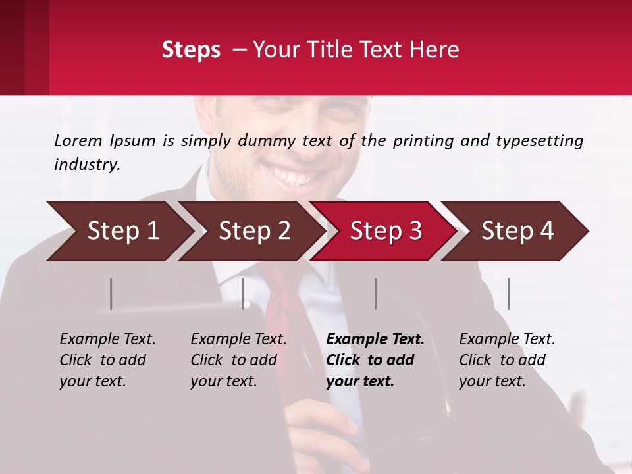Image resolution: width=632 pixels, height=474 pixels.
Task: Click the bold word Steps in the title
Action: (x=191, y=50)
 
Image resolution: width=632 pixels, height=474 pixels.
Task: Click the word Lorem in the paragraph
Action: (x=78, y=141)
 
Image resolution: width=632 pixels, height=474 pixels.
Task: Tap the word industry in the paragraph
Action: (x=86, y=165)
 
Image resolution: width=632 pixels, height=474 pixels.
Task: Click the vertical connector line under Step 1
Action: (x=111, y=294)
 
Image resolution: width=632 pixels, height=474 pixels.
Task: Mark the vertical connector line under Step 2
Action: (x=243, y=294)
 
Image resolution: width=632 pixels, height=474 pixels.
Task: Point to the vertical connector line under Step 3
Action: (x=375, y=294)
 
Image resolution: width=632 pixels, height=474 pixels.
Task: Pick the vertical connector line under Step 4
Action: (x=508, y=294)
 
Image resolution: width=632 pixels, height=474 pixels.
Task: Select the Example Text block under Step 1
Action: (x=107, y=360)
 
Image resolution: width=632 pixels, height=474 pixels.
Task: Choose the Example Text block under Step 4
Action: (x=507, y=360)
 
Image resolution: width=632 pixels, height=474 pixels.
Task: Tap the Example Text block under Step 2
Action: (x=238, y=360)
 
